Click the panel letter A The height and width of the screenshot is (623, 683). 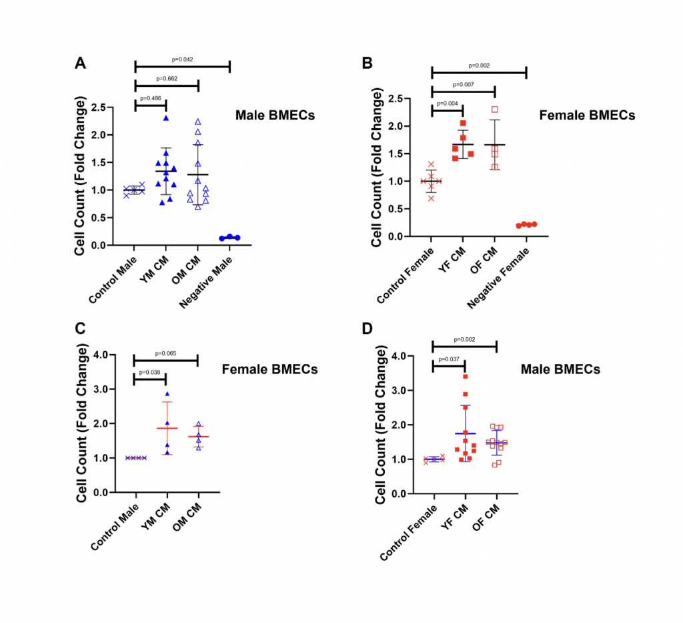[x=80, y=64]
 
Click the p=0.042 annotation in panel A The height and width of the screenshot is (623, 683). [x=182, y=59]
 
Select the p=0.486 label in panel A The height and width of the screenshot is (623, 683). [x=150, y=97]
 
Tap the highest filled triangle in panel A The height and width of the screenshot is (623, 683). [x=165, y=118]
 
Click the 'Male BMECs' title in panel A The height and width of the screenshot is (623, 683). [x=275, y=116]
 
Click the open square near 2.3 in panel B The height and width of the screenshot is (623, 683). [x=494, y=110]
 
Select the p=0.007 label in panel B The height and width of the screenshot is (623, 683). [x=463, y=85]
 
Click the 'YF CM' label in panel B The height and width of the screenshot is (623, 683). [x=454, y=260]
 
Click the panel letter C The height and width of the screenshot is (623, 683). [x=81, y=329]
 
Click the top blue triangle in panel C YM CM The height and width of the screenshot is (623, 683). [x=167, y=394]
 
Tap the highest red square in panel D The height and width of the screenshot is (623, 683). [x=464, y=377]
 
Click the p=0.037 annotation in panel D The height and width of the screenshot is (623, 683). [x=448, y=359]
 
